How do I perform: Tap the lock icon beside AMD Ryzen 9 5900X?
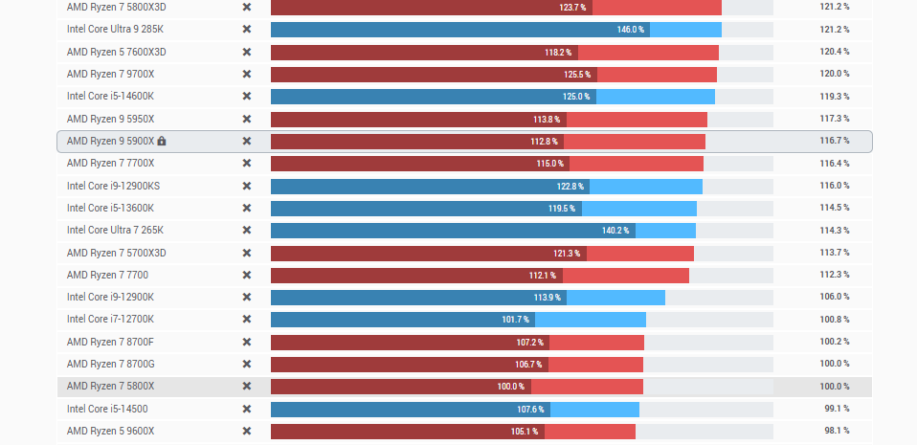pyautogui.click(x=162, y=141)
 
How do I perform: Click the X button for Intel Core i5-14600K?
pyautogui.click(x=246, y=96)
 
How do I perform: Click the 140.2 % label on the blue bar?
pyautogui.click(x=615, y=231)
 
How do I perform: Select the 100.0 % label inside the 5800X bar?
pyautogui.click(x=510, y=387)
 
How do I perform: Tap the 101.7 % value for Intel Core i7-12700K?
pyautogui.click(x=515, y=320)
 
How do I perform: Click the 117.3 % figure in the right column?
pyautogui.click(x=834, y=119)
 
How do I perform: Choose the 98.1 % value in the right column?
pyautogui.click(x=836, y=431)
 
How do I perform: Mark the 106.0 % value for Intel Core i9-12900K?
pyautogui.click(x=834, y=297)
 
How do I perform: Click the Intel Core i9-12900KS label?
pyautogui.click(x=113, y=186)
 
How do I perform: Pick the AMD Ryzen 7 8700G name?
pyautogui.click(x=109, y=364)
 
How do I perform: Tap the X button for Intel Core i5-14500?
pyautogui.click(x=246, y=409)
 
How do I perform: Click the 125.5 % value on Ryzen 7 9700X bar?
pyautogui.click(x=577, y=74)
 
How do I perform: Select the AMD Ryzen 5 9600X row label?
pyautogui.click(x=109, y=431)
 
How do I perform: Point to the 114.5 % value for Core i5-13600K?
pyautogui.click(x=834, y=208)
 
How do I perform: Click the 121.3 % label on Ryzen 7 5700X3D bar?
pyautogui.click(x=567, y=253)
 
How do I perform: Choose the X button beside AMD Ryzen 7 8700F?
pyautogui.click(x=246, y=342)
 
